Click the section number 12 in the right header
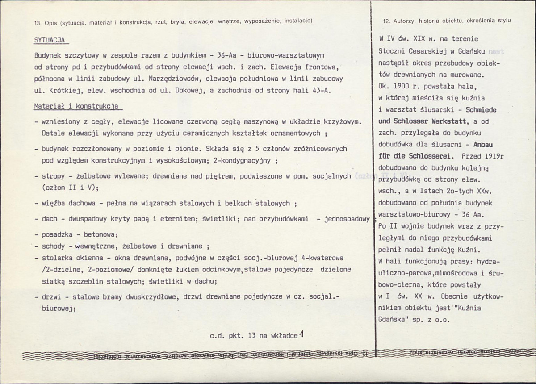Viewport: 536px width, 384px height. click(387, 21)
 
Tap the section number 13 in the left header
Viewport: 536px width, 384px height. click(37, 21)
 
